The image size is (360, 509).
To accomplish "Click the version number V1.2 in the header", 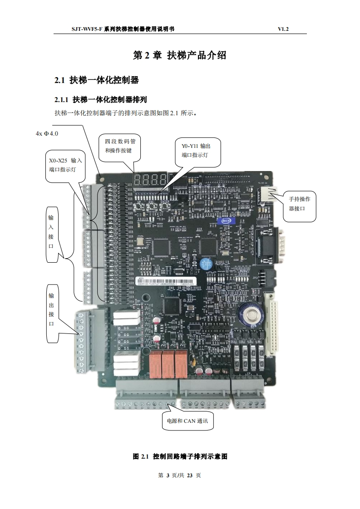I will pyautogui.click(x=283, y=29).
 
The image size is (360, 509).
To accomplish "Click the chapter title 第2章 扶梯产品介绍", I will pyautogui.click(x=179, y=55).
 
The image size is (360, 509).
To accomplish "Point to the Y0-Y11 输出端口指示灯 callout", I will pyautogui.click(x=192, y=151).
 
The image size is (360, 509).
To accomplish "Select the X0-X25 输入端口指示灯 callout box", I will pyautogui.click(x=65, y=165).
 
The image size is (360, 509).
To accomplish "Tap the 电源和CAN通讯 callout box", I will pyautogui.click(x=187, y=421).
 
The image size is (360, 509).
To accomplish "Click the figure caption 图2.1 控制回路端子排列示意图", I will pyautogui.click(x=180, y=456).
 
